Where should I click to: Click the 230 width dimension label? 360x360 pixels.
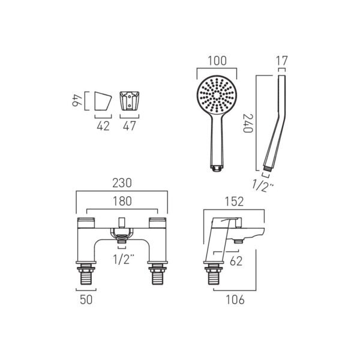tap(122, 183)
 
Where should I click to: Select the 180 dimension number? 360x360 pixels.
tap(122, 201)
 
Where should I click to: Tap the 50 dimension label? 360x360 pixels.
tap(86, 299)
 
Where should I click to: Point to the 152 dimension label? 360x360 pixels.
tap(234, 202)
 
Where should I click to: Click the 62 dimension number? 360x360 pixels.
tap(236, 261)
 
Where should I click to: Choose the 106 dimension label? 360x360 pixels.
tap(235, 299)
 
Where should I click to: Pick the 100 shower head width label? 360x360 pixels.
tap(217, 61)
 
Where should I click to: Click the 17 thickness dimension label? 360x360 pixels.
tap(281, 61)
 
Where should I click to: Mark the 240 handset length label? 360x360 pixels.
tap(248, 123)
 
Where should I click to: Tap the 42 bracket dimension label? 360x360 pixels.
tap(103, 126)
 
